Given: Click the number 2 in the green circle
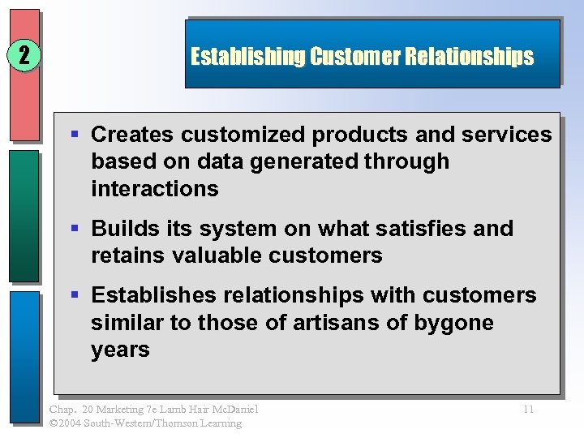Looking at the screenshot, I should tap(24, 56).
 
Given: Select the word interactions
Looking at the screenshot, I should tap(155, 189).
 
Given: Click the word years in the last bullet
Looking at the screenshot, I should tap(120, 350).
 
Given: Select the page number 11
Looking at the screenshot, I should tap(527, 410).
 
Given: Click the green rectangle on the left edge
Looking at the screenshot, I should tap(24, 215).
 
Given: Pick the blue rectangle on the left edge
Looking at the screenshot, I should tap(24, 357).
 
